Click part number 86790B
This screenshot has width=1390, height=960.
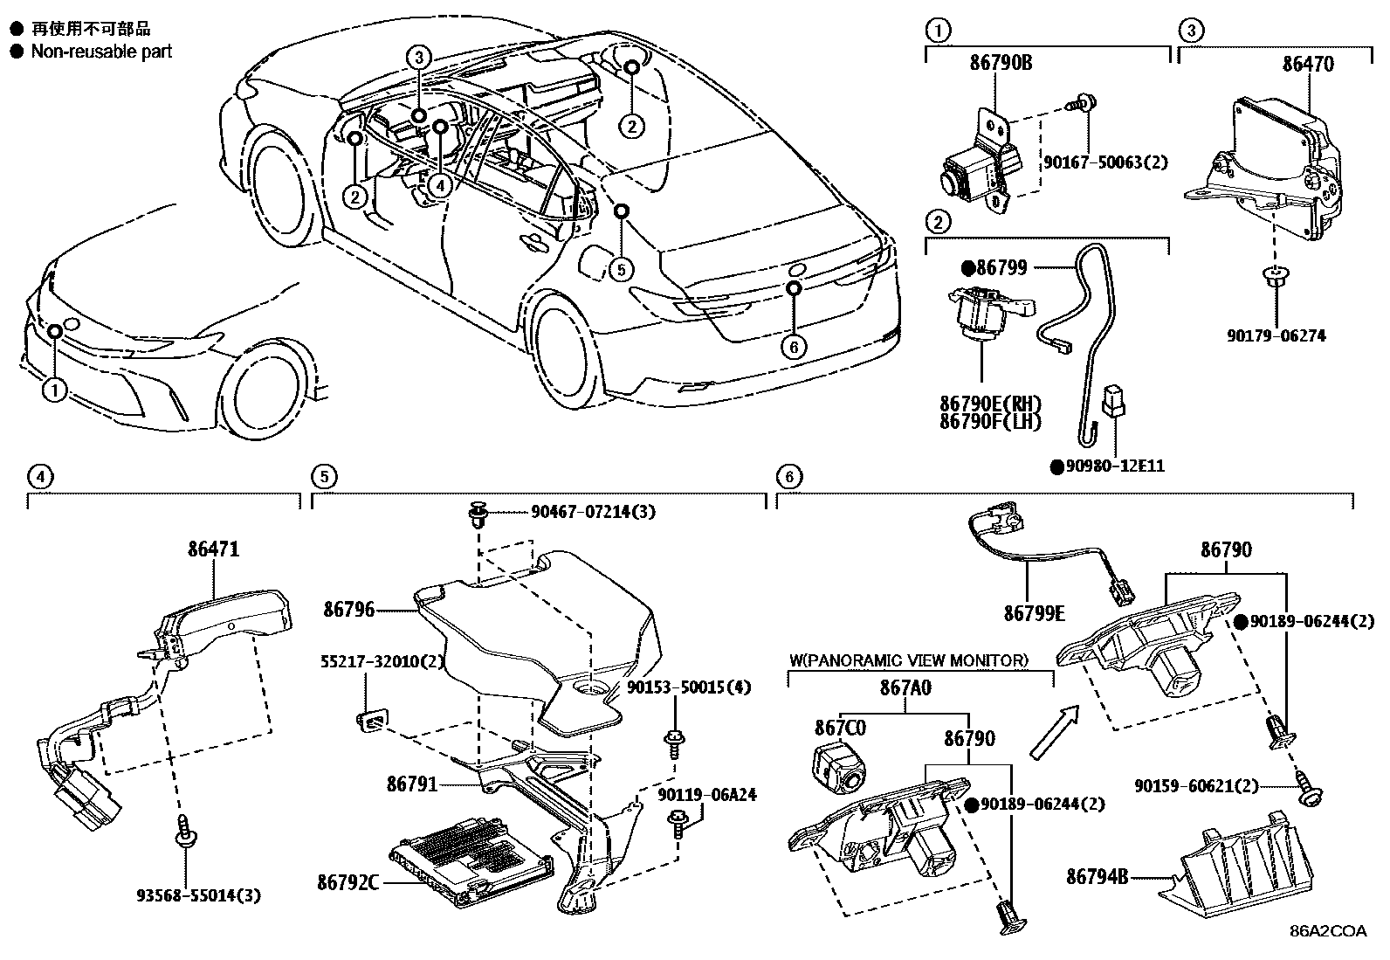click(x=1001, y=63)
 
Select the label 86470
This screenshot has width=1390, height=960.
click(x=1308, y=64)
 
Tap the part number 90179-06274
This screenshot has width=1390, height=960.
click(x=1275, y=335)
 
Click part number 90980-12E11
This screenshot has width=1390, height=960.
click(x=1114, y=466)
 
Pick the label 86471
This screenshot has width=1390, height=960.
click(x=213, y=549)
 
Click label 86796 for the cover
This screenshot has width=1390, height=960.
click(x=349, y=609)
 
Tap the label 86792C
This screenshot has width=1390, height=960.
click(x=347, y=882)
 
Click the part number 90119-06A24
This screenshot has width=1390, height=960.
click(x=707, y=795)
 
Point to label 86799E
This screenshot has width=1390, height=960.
click(x=1034, y=613)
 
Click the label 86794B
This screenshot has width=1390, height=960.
click(x=1098, y=874)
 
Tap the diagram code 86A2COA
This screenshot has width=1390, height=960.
click(x=1328, y=930)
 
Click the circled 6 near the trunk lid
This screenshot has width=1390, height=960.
click(x=793, y=347)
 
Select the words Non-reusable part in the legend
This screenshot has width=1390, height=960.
click(x=101, y=52)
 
